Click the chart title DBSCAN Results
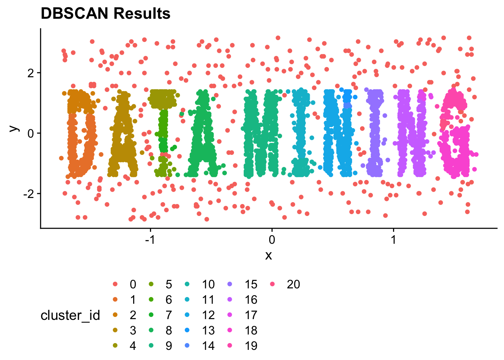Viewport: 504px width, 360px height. (x=105, y=14)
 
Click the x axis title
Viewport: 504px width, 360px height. (x=268, y=256)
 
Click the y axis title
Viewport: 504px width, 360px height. (x=14, y=128)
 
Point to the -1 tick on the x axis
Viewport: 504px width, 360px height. (x=150, y=239)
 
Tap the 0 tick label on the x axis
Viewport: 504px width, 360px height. (x=272, y=239)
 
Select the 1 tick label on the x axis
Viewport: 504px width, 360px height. (x=393, y=239)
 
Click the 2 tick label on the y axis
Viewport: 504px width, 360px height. (x=31, y=73)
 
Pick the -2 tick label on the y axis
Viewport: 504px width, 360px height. (x=28, y=194)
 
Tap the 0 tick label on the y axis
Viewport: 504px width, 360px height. (x=31, y=133)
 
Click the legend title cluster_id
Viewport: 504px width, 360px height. (x=70, y=315)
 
